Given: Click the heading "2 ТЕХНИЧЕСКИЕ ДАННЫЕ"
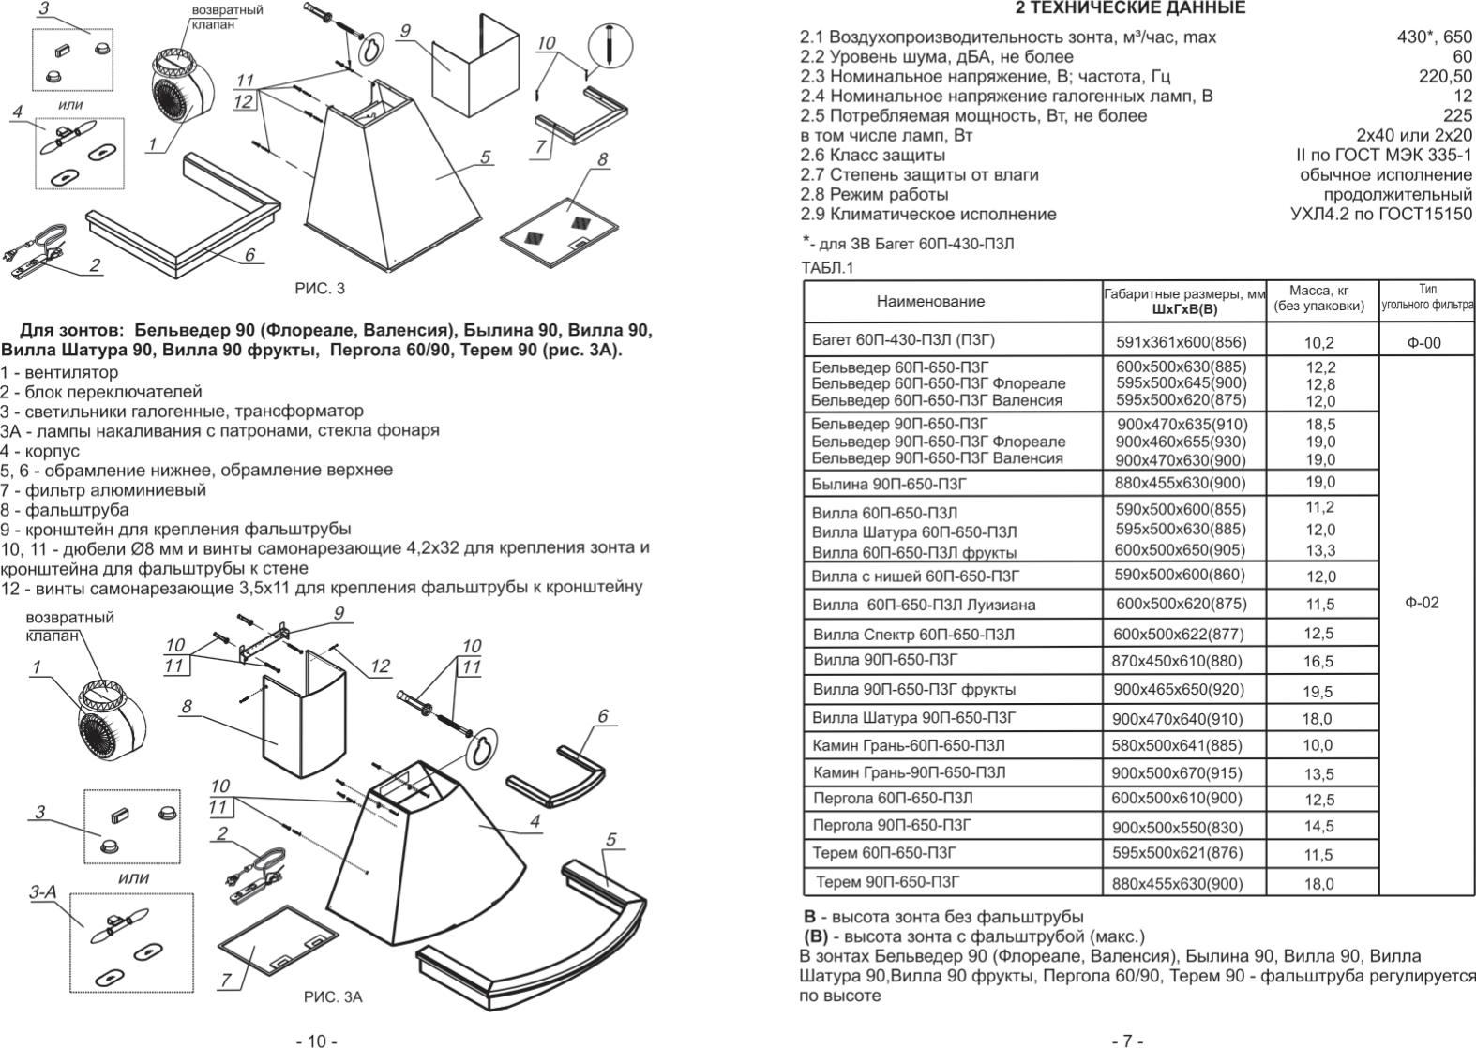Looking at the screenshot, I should click(1131, 8).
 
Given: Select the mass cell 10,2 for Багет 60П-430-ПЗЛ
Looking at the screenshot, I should click(1318, 343).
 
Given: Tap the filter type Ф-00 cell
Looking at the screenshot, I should click(1423, 343).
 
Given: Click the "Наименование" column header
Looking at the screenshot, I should click(930, 301).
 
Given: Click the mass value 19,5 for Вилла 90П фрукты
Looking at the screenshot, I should click(1318, 692).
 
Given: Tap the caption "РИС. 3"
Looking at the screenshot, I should click(320, 288).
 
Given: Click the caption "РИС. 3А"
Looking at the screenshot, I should click(333, 996).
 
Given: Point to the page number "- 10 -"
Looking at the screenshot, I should click(316, 1041).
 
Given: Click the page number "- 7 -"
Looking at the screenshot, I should click(1126, 1041).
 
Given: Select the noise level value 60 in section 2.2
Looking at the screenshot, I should click(1462, 57).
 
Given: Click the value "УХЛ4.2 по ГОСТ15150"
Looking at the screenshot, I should click(1380, 214).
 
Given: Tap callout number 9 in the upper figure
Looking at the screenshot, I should click(404, 31).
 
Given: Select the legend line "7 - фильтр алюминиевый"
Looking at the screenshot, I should click(103, 490).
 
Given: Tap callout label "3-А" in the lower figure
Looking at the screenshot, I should click(41, 892).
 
